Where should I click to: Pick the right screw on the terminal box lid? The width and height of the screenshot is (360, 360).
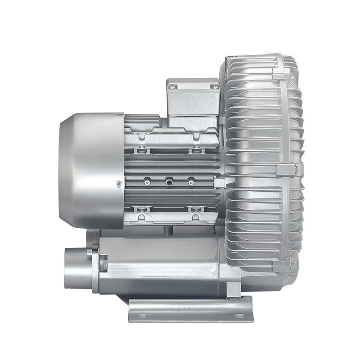point(215,85)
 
